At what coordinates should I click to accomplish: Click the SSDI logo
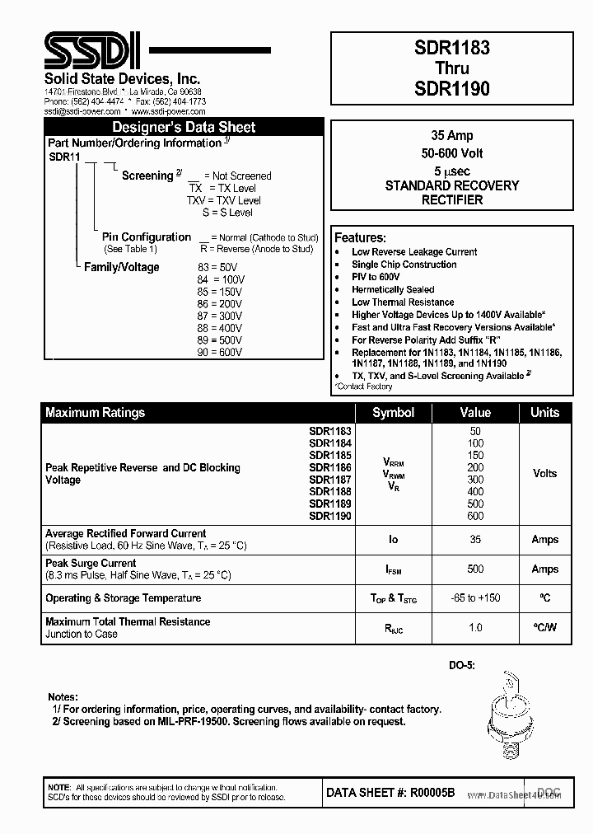[x=91, y=50]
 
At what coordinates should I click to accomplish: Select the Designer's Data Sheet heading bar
[x=183, y=127]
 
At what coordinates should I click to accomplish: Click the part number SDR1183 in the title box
[x=451, y=48]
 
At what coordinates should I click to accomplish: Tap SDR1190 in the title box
[x=451, y=88]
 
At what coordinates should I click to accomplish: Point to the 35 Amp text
[x=451, y=135]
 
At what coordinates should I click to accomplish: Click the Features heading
[x=360, y=237]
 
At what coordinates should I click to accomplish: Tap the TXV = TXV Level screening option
[x=223, y=200]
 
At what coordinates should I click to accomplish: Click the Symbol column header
[x=393, y=412]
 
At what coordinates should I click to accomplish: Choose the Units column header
[x=544, y=412]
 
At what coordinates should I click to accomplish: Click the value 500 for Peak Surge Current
[x=475, y=569]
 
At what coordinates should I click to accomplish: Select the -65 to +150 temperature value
[x=475, y=598]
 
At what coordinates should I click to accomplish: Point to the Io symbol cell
[x=393, y=540]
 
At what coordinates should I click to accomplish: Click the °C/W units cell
[x=544, y=627]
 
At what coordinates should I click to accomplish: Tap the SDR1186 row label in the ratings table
[x=329, y=467]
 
